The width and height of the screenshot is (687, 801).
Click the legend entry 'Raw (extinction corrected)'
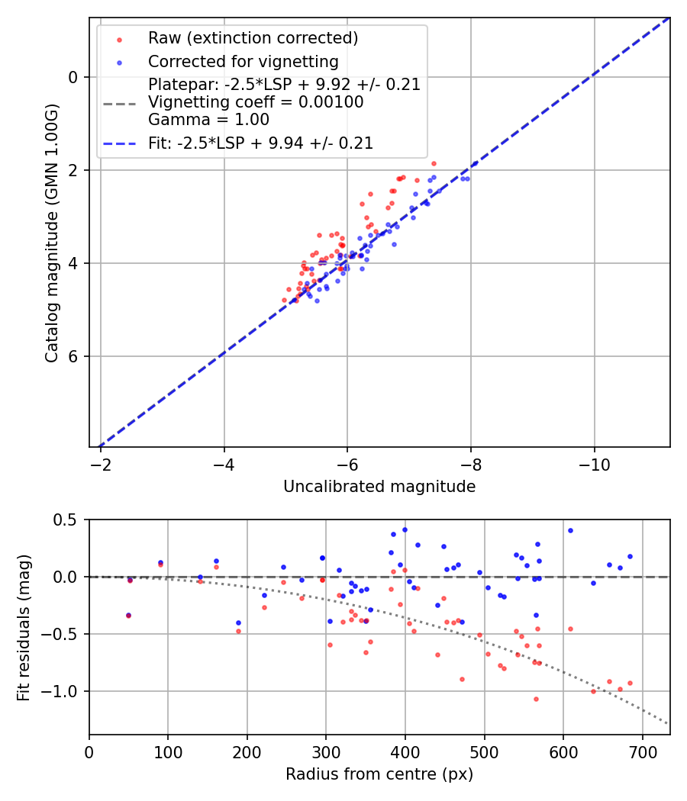coord(253,38)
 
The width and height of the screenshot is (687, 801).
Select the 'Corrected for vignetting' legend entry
coord(243,62)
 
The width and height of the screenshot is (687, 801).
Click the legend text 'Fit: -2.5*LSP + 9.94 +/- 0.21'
coord(260,143)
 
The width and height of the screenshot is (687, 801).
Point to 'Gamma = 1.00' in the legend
coord(208,119)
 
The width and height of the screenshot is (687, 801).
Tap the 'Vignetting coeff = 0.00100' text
coord(256,102)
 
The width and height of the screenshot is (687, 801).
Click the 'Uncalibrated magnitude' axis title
coord(379,487)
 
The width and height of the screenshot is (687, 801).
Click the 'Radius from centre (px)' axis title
coord(379,774)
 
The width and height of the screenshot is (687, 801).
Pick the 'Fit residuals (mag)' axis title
coord(24,627)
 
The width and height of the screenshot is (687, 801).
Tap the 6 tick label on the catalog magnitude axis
coord(73,356)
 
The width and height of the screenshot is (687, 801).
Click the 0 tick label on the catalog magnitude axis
coord(73,77)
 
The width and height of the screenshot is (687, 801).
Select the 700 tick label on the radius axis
coord(642,751)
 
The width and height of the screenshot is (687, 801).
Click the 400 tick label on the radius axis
coord(405,751)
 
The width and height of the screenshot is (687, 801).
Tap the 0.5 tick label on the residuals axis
coord(67,520)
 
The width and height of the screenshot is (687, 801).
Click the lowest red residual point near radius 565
coord(536,699)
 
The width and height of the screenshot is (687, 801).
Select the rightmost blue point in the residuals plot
coord(630,556)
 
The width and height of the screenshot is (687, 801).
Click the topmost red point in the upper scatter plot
coord(434,163)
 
